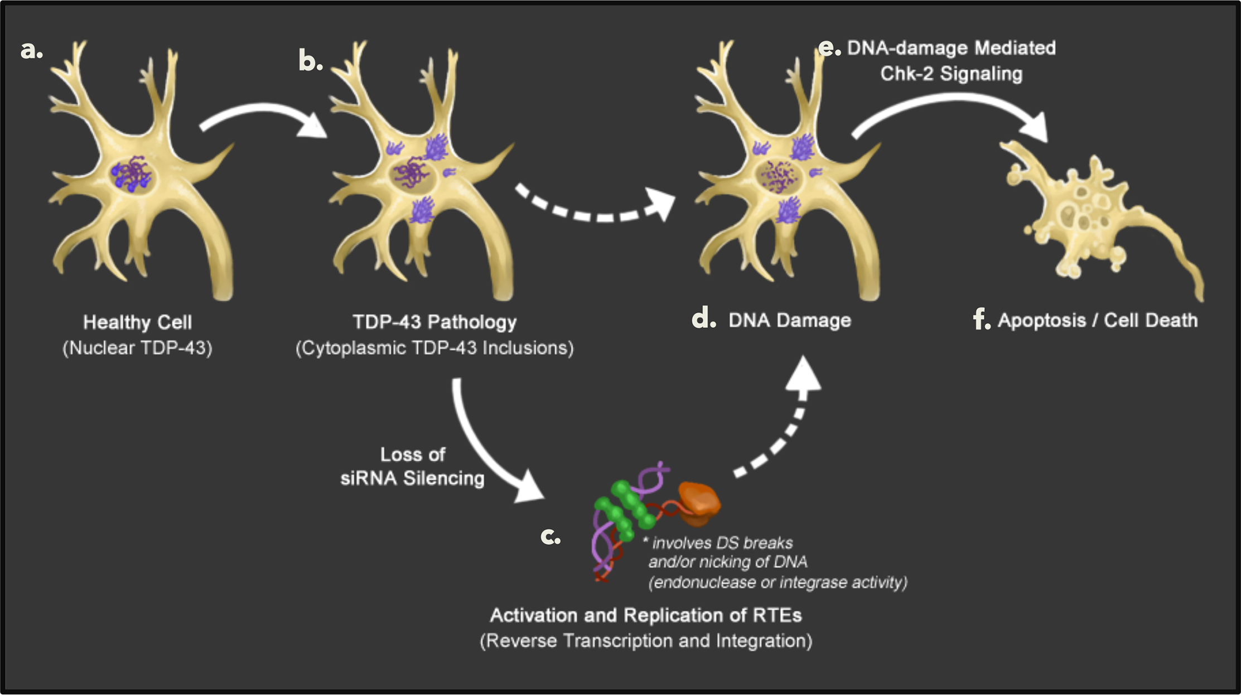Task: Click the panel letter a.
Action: pyautogui.click(x=30, y=50)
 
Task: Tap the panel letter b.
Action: pyautogui.click(x=310, y=60)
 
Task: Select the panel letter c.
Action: pyautogui.click(x=550, y=537)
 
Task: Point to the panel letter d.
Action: pyautogui.click(x=703, y=319)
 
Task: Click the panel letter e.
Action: pyautogui.click(x=828, y=49)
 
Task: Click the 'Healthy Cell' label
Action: pyautogui.click(x=137, y=322)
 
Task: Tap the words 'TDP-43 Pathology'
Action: pyautogui.click(x=434, y=322)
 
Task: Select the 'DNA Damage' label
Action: pyautogui.click(x=789, y=320)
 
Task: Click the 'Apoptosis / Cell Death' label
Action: pyautogui.click(x=1097, y=320)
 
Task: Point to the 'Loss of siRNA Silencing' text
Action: pyautogui.click(x=412, y=466)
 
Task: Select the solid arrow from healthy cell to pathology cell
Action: pyautogui.click(x=262, y=117)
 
